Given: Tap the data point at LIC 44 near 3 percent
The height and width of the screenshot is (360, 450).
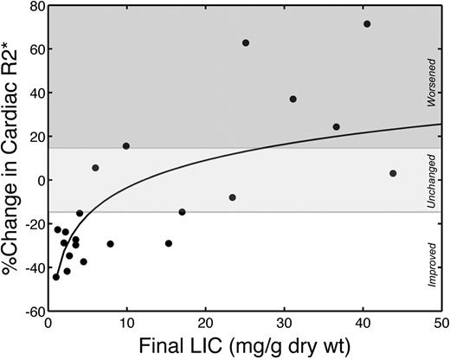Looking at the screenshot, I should coord(393,173).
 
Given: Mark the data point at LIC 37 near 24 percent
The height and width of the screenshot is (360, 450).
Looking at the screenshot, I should coord(336,127).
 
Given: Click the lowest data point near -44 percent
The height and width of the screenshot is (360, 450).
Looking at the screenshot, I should coord(56,277).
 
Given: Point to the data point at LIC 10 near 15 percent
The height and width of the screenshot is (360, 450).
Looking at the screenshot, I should coord(126,146).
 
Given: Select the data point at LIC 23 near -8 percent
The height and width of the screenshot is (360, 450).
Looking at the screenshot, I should coord(233,197).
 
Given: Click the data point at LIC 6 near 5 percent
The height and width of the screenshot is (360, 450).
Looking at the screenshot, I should coord(95,168).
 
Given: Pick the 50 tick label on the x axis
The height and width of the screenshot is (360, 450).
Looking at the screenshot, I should coord(440,326).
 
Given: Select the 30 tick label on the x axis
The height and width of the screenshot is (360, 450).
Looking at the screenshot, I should coord(284,326).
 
